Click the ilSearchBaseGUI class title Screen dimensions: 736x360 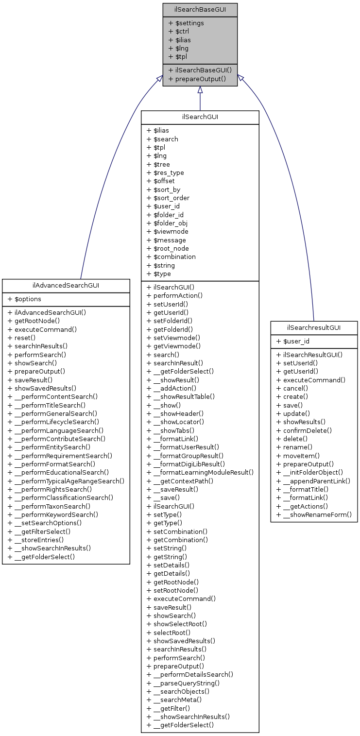click(200, 10)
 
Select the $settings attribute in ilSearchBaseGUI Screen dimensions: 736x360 click(186, 23)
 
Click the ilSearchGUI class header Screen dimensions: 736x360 click(200, 117)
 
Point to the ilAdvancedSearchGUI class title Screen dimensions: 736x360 click(66, 286)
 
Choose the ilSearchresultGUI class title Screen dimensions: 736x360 click(314, 328)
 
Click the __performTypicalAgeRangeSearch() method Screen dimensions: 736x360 click(66, 480)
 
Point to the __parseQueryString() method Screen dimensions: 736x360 click(183, 683)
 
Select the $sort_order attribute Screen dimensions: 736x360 click(168, 198)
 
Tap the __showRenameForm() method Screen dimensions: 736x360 click(314, 514)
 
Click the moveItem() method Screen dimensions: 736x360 click(298, 455)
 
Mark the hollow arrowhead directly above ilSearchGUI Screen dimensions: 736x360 click(200, 90)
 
